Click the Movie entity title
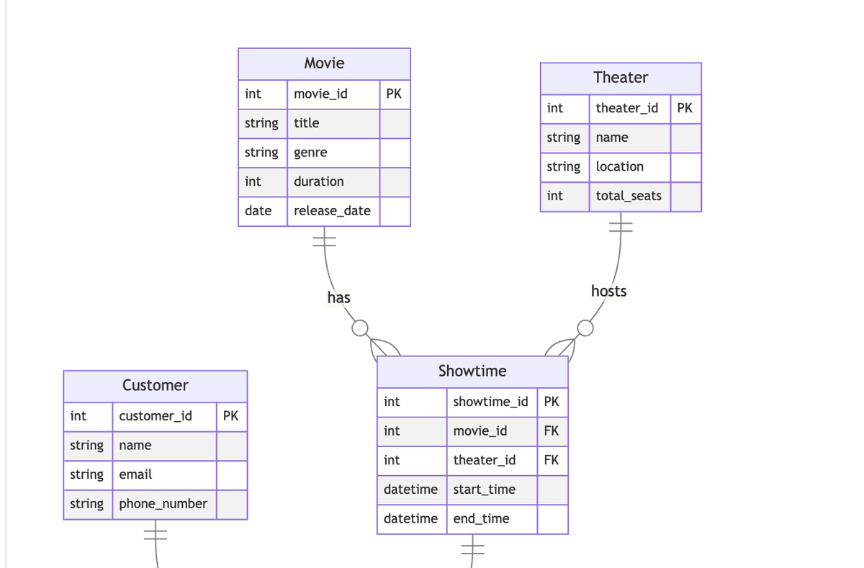tap(324, 63)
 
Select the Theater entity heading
tap(621, 78)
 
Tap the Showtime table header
tap(472, 371)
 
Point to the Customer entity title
tap(155, 385)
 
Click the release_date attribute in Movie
tap(332, 211)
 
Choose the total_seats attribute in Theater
tap(629, 196)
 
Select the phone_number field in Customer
tap(163, 504)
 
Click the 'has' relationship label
tap(338, 298)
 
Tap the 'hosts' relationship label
tap(608, 292)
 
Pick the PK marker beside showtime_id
tap(552, 402)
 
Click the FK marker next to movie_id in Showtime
tap(552, 431)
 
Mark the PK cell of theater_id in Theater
tap(685, 108)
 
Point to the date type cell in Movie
tap(258, 211)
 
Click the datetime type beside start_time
tap(410, 490)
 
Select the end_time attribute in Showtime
tap(481, 519)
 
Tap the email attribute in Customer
tap(135, 474)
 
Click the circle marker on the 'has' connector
tap(360, 329)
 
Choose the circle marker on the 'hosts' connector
tap(585, 328)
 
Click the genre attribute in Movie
tap(310, 153)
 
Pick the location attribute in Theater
tap(619, 166)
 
